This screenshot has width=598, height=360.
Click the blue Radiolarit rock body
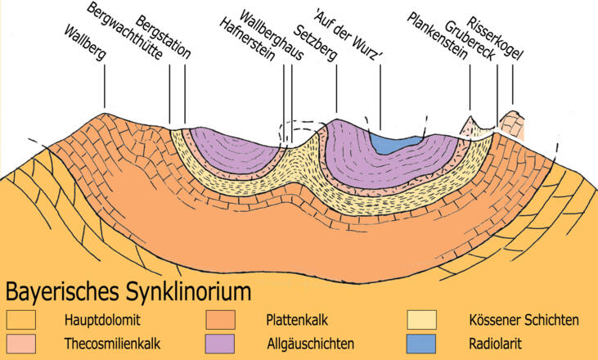click(x=395, y=143)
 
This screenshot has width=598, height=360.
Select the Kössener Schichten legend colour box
click(x=421, y=318)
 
